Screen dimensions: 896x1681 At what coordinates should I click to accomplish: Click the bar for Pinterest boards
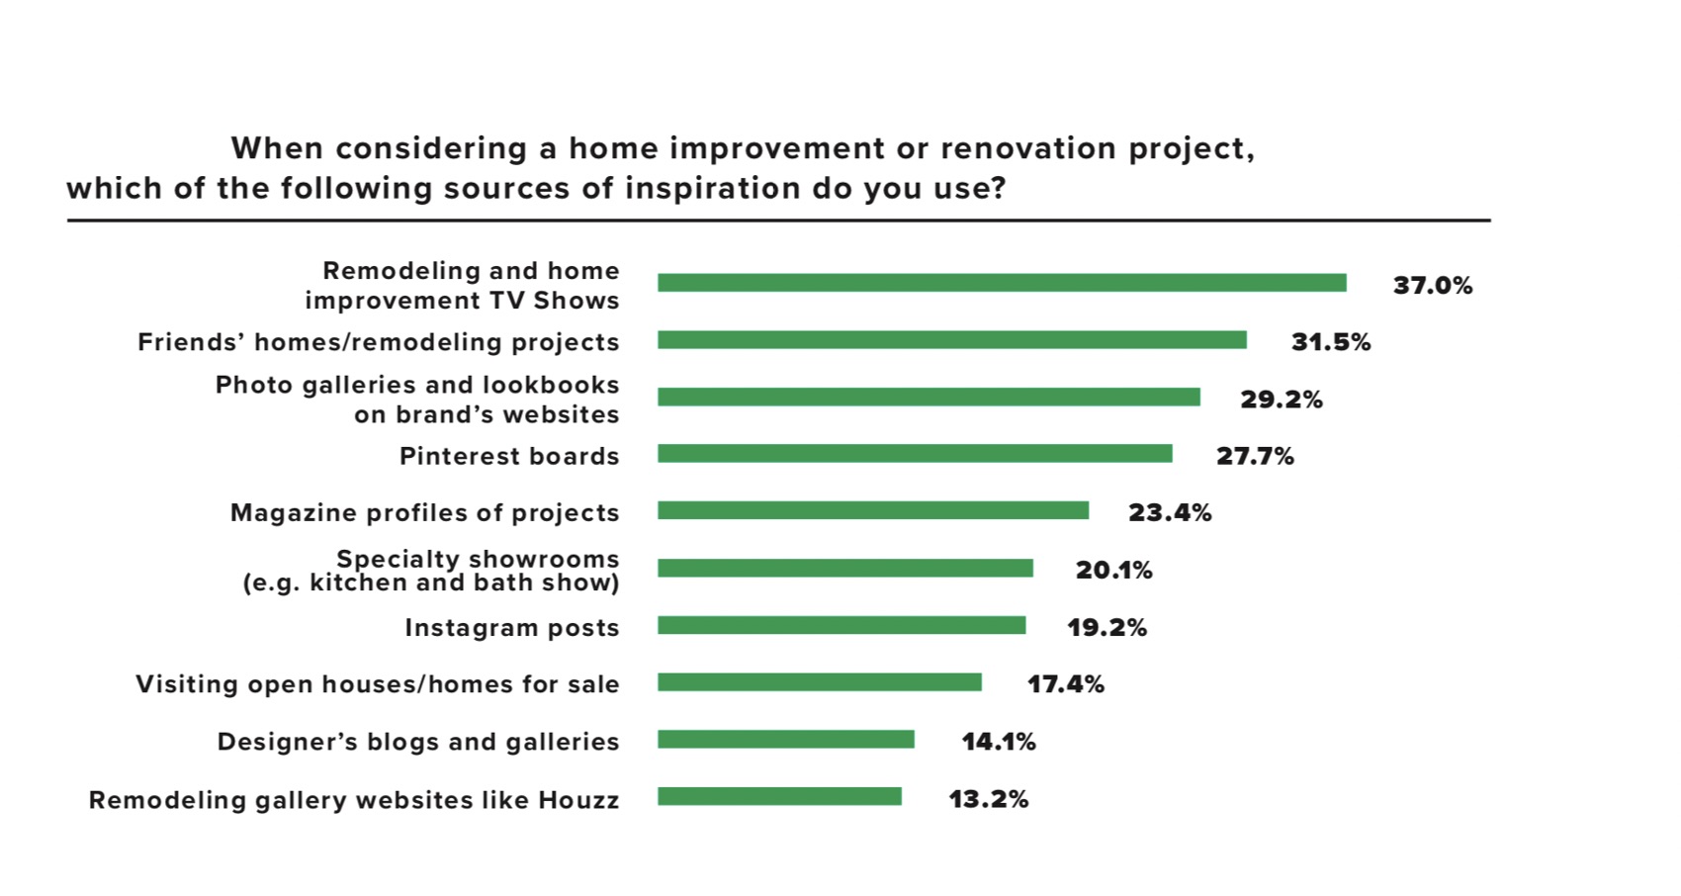[915, 454]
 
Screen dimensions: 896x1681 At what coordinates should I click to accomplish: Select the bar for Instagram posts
[841, 626]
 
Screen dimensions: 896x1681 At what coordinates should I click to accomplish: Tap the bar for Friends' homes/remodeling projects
[951, 340]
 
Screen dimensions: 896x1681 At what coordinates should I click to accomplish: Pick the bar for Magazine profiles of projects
[873, 511]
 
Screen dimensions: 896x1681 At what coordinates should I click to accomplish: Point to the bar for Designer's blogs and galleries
[786, 740]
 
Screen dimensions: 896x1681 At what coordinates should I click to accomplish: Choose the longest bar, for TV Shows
[1002, 283]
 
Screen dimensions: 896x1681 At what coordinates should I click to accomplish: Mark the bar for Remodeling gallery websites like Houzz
[779, 797]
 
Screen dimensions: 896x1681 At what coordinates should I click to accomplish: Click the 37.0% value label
[1433, 286]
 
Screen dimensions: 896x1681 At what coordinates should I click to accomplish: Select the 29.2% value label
[1282, 400]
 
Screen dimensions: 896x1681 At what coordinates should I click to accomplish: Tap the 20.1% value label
[1114, 571]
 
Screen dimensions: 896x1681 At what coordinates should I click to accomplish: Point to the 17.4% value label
[1066, 684]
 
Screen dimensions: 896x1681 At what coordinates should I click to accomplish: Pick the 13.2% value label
[989, 799]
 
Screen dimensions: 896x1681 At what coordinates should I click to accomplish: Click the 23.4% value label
[1170, 513]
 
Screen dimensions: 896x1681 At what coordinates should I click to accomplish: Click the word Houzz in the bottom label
[578, 800]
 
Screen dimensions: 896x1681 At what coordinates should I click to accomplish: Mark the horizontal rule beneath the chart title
[778, 221]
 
